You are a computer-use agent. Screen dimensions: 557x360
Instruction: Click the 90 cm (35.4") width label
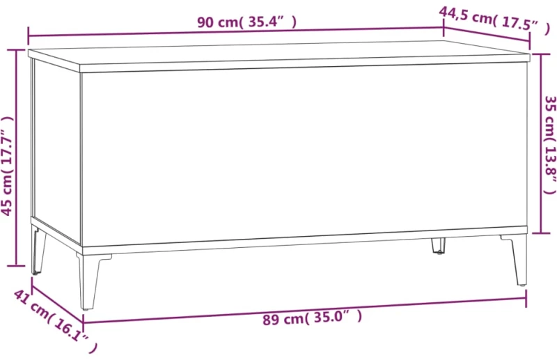click(x=246, y=22)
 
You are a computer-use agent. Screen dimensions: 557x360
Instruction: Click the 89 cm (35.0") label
click(x=312, y=317)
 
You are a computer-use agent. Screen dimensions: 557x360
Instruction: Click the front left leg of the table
click(x=89, y=281)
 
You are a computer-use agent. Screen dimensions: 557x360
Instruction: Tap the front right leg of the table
click(x=515, y=260)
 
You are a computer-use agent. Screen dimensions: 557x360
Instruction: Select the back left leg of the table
click(x=38, y=249)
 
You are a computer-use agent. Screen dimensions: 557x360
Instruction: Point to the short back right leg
click(x=439, y=246)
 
